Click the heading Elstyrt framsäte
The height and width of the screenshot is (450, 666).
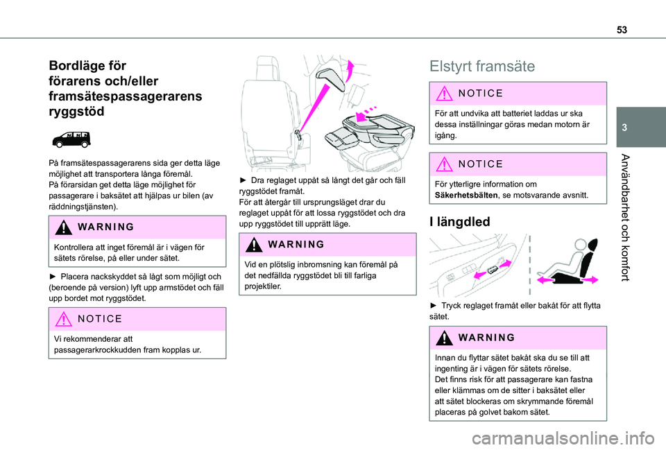click(482, 67)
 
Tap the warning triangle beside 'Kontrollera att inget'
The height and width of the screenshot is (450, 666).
click(67, 227)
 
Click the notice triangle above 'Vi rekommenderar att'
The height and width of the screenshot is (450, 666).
click(67, 319)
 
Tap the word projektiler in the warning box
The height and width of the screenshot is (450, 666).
click(261, 286)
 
